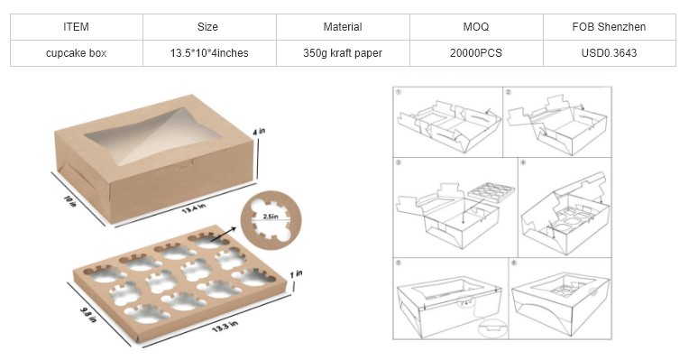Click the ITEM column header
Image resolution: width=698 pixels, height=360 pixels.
pyautogui.click(x=76, y=27)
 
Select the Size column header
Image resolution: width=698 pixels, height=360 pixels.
pyautogui.click(x=207, y=27)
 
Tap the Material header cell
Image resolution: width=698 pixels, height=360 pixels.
pyautogui.click(x=343, y=27)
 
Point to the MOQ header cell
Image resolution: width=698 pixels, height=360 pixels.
pyautogui.click(x=476, y=27)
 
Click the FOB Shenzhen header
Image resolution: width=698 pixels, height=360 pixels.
pyautogui.click(x=609, y=27)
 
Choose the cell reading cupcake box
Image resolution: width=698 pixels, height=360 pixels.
pyautogui.click(x=76, y=53)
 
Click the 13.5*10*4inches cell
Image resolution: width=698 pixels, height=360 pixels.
pyautogui.click(x=209, y=53)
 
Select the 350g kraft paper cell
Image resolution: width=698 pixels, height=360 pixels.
pyautogui.click(x=343, y=53)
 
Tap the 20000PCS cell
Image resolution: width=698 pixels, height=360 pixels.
pyautogui.click(x=476, y=53)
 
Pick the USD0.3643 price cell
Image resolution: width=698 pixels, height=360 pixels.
pyautogui.click(x=609, y=53)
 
